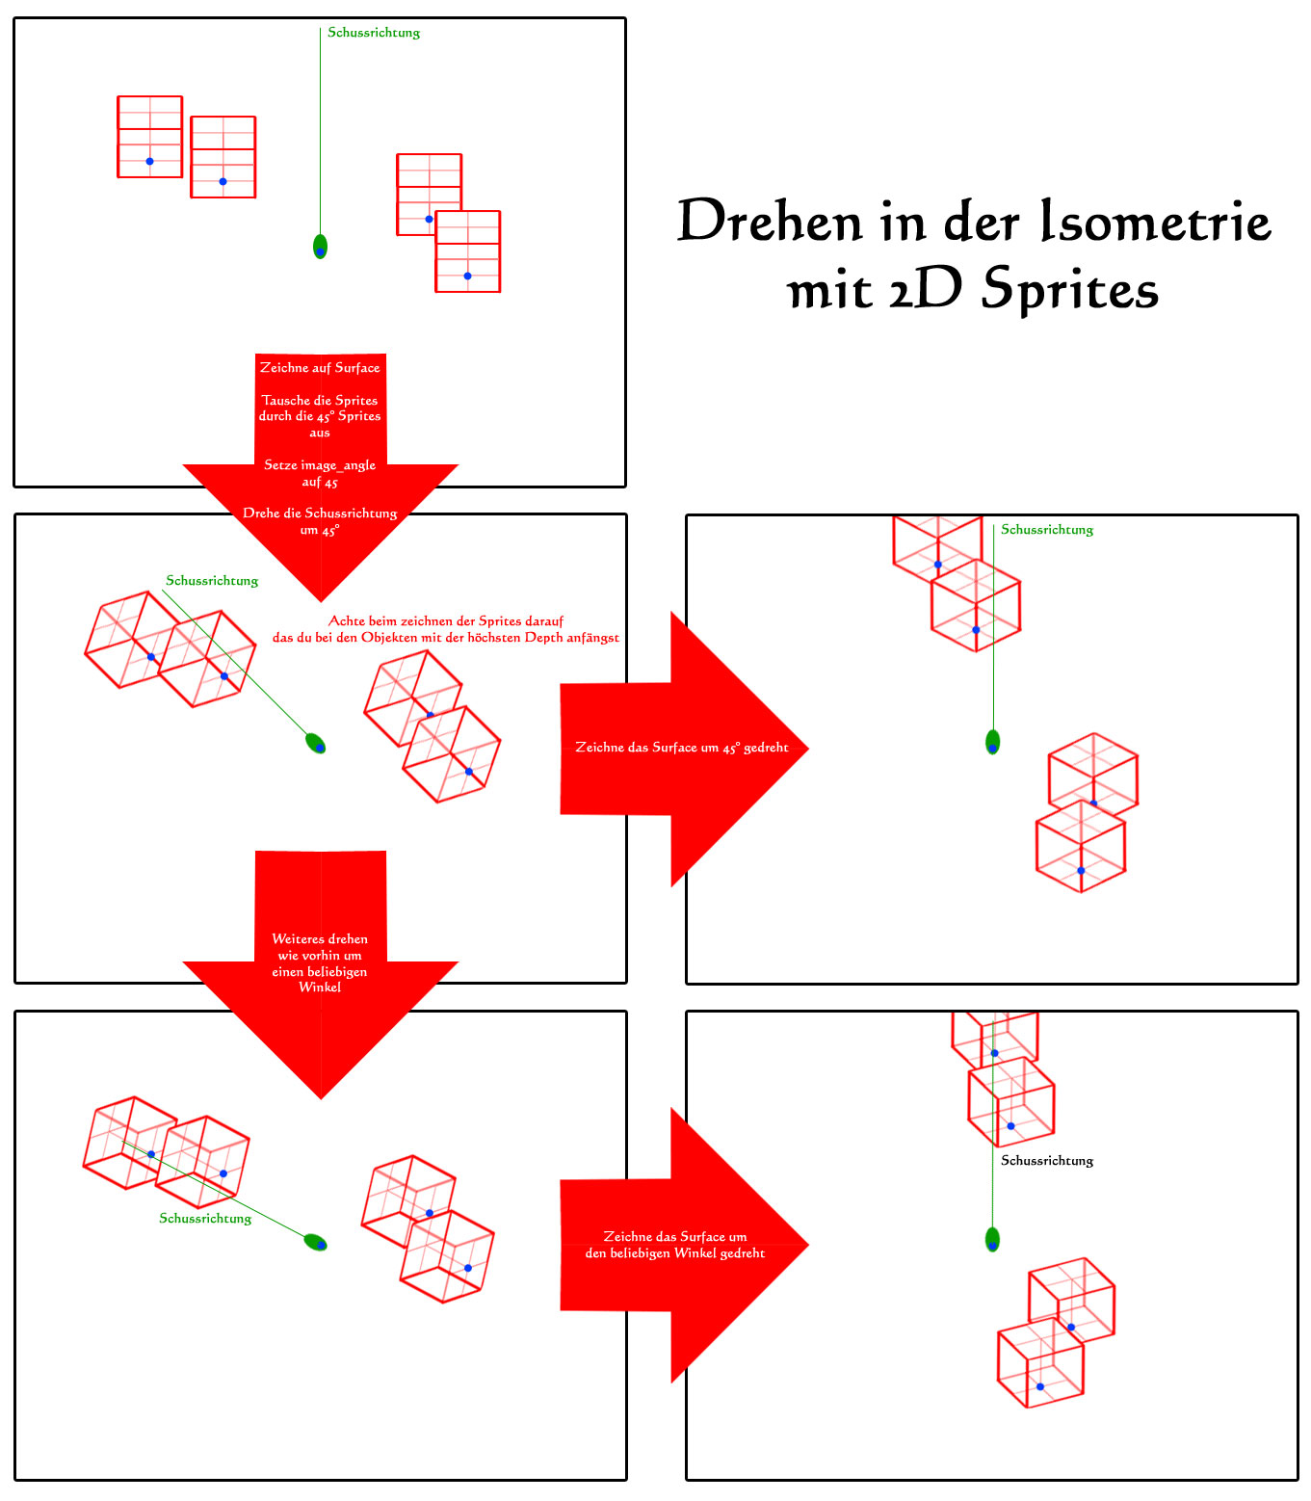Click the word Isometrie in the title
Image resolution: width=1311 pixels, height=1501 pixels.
click(1156, 220)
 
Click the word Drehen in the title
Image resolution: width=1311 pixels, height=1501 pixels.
click(769, 220)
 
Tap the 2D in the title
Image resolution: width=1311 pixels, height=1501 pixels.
click(926, 288)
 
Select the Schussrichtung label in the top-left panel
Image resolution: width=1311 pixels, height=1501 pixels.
click(373, 33)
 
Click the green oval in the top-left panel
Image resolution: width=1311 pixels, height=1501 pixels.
click(320, 247)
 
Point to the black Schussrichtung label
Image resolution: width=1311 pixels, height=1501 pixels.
click(1046, 1161)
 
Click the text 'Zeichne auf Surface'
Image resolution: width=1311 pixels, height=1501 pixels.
click(320, 368)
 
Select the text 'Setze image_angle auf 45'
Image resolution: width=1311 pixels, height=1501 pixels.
click(320, 473)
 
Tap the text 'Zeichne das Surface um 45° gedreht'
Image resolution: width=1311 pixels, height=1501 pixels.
click(681, 748)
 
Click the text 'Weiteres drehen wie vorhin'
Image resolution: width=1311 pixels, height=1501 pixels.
click(320, 947)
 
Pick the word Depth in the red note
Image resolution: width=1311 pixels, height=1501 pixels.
click(543, 638)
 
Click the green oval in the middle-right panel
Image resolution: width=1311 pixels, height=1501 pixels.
click(992, 742)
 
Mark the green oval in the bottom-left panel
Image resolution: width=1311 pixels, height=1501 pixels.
click(315, 1242)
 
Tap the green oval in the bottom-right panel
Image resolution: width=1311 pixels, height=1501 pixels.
click(992, 1239)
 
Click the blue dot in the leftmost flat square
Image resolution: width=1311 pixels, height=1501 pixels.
click(149, 162)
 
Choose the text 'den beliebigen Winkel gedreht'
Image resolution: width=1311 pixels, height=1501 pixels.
click(674, 1253)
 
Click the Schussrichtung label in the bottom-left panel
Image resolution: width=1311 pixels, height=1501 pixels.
click(205, 1218)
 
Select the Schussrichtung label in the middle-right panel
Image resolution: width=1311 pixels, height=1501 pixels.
click(1046, 530)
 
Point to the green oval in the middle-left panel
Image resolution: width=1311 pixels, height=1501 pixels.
click(315, 743)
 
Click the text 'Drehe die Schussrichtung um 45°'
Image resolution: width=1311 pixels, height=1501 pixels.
click(320, 521)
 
